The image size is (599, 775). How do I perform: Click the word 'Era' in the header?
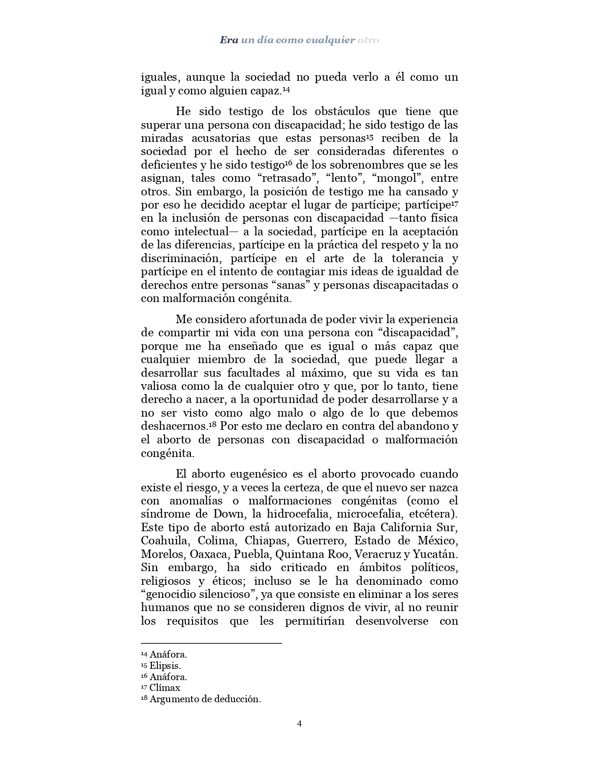(229, 40)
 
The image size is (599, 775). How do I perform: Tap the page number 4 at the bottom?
(299, 723)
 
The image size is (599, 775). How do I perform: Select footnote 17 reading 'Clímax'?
(164, 688)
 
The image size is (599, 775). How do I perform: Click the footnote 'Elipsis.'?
(165, 666)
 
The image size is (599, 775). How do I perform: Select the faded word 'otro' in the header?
(368, 40)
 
